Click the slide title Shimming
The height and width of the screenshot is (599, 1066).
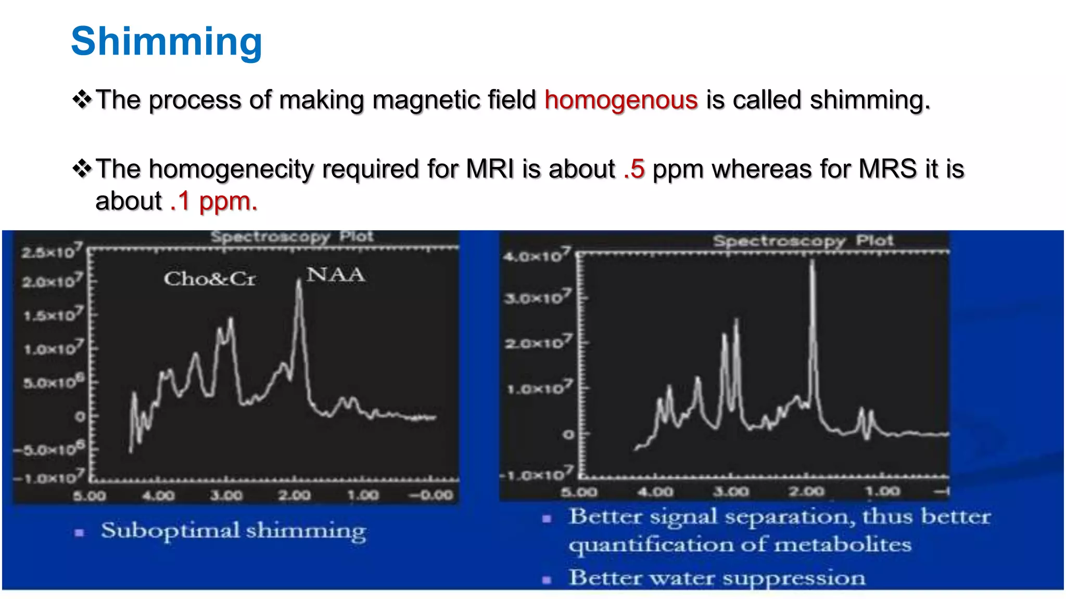click(167, 42)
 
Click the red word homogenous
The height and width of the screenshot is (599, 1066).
click(621, 100)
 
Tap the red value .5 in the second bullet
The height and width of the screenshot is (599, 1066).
click(634, 169)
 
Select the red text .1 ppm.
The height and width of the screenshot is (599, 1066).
click(213, 201)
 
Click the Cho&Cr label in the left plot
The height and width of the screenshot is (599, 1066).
click(210, 279)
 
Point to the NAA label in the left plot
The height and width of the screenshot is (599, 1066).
click(335, 275)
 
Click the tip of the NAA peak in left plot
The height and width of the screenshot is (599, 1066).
click(299, 282)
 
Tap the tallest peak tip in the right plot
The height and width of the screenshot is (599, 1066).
click(812, 262)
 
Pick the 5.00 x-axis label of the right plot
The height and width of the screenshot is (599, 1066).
click(579, 491)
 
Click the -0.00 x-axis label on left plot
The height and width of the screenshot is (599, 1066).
click(431, 495)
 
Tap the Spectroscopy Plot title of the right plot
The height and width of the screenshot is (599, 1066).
click(803, 241)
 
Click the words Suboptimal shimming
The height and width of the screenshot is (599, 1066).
click(233, 531)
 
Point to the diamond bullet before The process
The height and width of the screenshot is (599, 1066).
click(82, 99)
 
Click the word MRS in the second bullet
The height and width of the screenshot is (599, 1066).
click(888, 169)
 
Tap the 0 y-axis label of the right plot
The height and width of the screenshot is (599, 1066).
click(568, 434)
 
